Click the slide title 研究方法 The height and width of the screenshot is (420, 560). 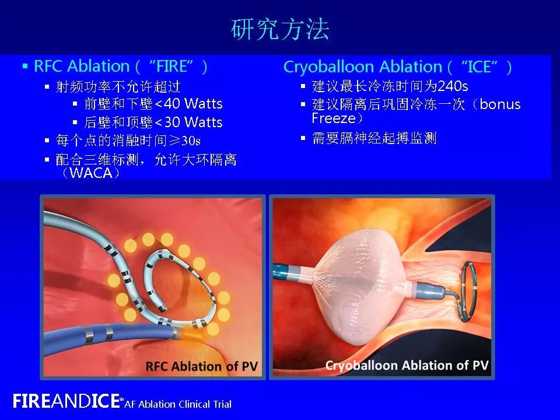(x=280, y=29)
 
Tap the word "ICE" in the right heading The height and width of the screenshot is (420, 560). (x=480, y=67)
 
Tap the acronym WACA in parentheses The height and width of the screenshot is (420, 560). (x=90, y=173)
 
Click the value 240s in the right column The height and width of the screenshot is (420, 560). (x=453, y=86)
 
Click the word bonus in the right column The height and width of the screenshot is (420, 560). (x=501, y=105)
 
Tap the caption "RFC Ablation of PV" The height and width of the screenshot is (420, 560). (x=201, y=367)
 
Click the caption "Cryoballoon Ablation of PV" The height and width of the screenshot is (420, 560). (x=407, y=366)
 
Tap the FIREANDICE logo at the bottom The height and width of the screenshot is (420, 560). (x=67, y=401)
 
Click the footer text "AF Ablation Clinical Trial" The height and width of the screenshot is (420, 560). (x=178, y=404)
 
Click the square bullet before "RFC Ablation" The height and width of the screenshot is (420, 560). (x=25, y=66)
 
